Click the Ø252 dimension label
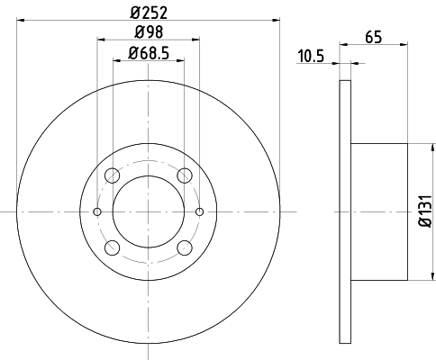(x=149, y=13)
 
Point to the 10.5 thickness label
(x=311, y=56)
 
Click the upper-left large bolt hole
(x=112, y=175)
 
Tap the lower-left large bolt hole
(x=112, y=247)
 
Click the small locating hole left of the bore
(x=97, y=211)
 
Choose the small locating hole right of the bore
(x=199, y=211)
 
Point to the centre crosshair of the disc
(x=149, y=211)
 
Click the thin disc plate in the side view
(x=344, y=211)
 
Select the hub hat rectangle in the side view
(x=378, y=211)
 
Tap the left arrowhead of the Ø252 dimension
(x=21, y=21)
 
